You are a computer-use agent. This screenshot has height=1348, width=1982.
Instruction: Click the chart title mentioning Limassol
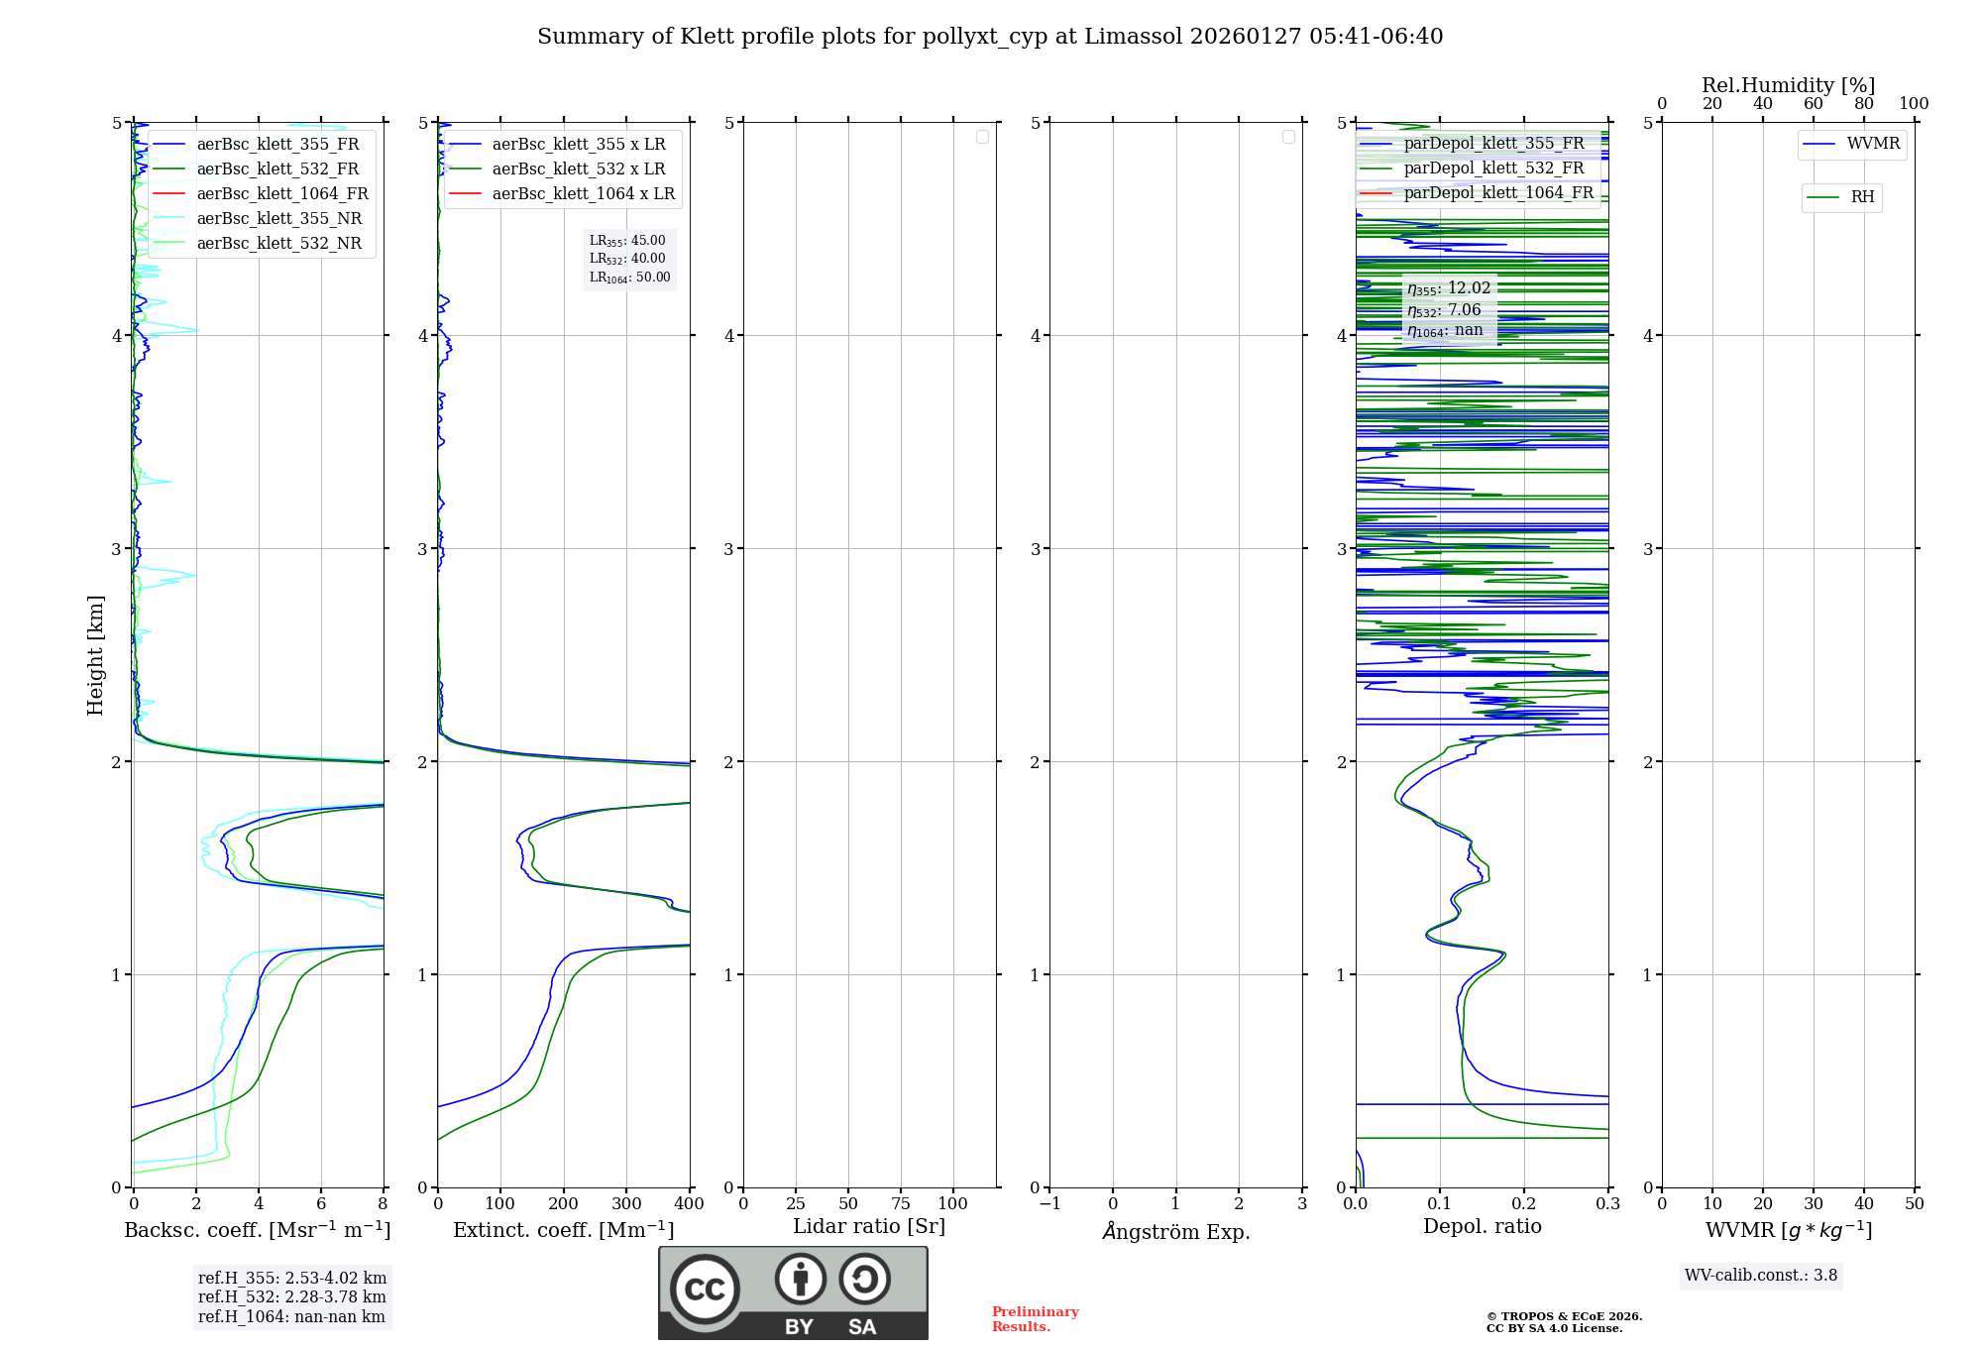tap(990, 37)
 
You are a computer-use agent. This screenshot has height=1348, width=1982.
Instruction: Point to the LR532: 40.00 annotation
tap(628, 259)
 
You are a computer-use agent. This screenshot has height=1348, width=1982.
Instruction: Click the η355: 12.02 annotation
tap(1449, 288)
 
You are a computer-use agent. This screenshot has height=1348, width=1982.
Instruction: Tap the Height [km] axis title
tap(95, 654)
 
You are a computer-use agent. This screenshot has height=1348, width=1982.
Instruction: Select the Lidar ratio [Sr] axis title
tap(869, 1226)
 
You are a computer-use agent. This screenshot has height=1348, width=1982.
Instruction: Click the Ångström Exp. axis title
tap(1176, 1231)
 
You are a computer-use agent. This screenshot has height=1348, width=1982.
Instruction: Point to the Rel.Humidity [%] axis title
tap(1788, 85)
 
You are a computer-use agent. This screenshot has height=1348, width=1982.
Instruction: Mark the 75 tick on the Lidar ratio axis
tap(901, 1203)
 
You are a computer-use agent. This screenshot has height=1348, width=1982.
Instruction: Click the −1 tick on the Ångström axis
tap(1049, 1203)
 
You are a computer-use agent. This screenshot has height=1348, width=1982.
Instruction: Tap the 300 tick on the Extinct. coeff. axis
tap(626, 1203)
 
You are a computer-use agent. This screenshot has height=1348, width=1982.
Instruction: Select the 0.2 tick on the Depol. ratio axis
tap(1524, 1203)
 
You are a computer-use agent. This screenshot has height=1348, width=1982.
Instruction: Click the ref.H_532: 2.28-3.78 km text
tap(291, 1296)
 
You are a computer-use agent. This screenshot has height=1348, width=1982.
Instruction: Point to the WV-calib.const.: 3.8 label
tap(1761, 1275)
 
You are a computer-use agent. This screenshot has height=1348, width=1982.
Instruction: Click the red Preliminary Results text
tap(1035, 1318)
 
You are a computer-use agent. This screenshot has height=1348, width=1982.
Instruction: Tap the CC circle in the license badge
tap(705, 1290)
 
